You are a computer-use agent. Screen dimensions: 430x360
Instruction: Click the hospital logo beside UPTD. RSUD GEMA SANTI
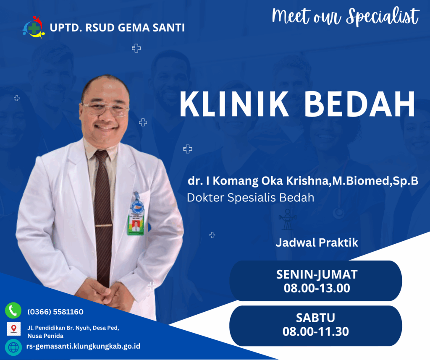[33, 27]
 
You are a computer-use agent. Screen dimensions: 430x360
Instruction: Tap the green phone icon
[13, 310]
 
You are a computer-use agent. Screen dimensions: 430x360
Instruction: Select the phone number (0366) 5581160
[55, 312]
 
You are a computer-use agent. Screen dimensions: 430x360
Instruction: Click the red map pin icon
[14, 329]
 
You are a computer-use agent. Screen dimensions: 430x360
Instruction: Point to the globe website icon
[13, 347]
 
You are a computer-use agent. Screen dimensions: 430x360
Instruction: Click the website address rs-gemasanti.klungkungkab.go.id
[83, 346]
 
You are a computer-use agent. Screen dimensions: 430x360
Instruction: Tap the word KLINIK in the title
[234, 104]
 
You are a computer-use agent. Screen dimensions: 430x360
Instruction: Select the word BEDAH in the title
[359, 104]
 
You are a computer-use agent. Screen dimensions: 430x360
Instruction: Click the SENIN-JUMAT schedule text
[317, 274]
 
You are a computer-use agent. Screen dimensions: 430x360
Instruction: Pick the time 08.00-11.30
[316, 331]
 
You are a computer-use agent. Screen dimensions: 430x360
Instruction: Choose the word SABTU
[315, 318]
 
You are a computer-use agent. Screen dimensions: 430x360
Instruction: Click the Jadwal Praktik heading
[317, 243]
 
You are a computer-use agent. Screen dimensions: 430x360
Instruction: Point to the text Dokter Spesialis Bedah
[250, 198]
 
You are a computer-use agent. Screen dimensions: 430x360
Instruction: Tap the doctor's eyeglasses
[105, 109]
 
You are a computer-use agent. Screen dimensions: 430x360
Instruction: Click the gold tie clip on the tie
[104, 225]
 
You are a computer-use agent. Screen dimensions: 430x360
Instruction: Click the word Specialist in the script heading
[383, 17]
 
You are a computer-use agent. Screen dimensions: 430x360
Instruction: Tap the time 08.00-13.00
[317, 288]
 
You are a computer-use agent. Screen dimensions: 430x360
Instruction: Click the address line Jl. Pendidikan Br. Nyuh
[73, 328]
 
